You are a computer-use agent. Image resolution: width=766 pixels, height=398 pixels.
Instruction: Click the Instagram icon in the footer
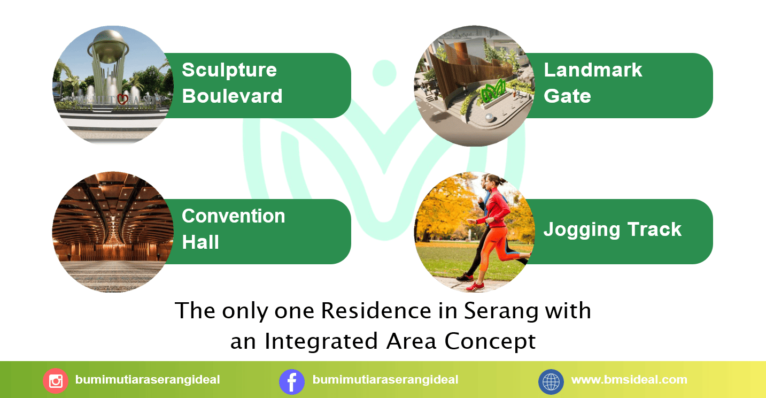click(x=56, y=381)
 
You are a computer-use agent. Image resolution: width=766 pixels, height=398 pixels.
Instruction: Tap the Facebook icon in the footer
click(x=292, y=381)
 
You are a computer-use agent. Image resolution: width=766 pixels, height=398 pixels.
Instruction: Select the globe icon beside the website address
click(x=551, y=381)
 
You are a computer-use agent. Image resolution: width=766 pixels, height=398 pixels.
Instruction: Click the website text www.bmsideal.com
click(x=629, y=379)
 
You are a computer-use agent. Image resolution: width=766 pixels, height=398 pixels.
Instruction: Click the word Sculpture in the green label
click(x=229, y=71)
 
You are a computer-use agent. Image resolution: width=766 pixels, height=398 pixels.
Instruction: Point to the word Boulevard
click(x=232, y=96)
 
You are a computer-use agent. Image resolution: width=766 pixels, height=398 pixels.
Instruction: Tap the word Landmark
click(x=593, y=70)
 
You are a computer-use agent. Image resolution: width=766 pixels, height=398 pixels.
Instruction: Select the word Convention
click(x=233, y=216)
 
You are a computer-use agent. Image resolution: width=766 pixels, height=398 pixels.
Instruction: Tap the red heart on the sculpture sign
click(x=122, y=99)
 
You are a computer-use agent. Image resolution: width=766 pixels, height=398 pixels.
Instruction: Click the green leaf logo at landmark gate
click(x=493, y=91)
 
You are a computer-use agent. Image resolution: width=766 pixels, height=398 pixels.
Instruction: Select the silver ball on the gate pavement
click(x=490, y=118)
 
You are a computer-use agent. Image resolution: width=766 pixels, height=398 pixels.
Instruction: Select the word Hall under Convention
click(x=200, y=242)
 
